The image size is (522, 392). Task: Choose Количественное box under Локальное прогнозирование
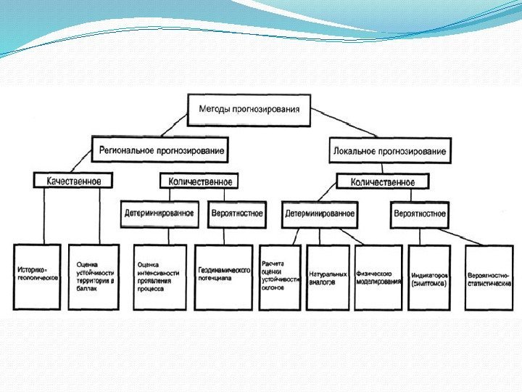[x=382, y=181]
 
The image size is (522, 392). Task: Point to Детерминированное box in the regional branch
[x=159, y=213]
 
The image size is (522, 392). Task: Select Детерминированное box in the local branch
[x=320, y=213]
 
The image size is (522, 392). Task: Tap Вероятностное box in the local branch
[x=420, y=213]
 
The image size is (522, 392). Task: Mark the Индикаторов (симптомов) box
[x=429, y=277]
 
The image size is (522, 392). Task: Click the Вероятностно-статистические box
[x=489, y=277]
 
